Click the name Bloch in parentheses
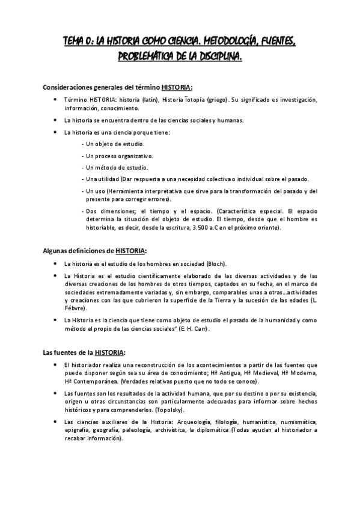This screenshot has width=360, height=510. [x=215, y=264]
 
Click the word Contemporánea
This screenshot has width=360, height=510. [x=93, y=382]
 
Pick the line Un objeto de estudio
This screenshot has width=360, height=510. [x=112, y=144]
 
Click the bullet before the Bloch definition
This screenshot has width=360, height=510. [x=55, y=264]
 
